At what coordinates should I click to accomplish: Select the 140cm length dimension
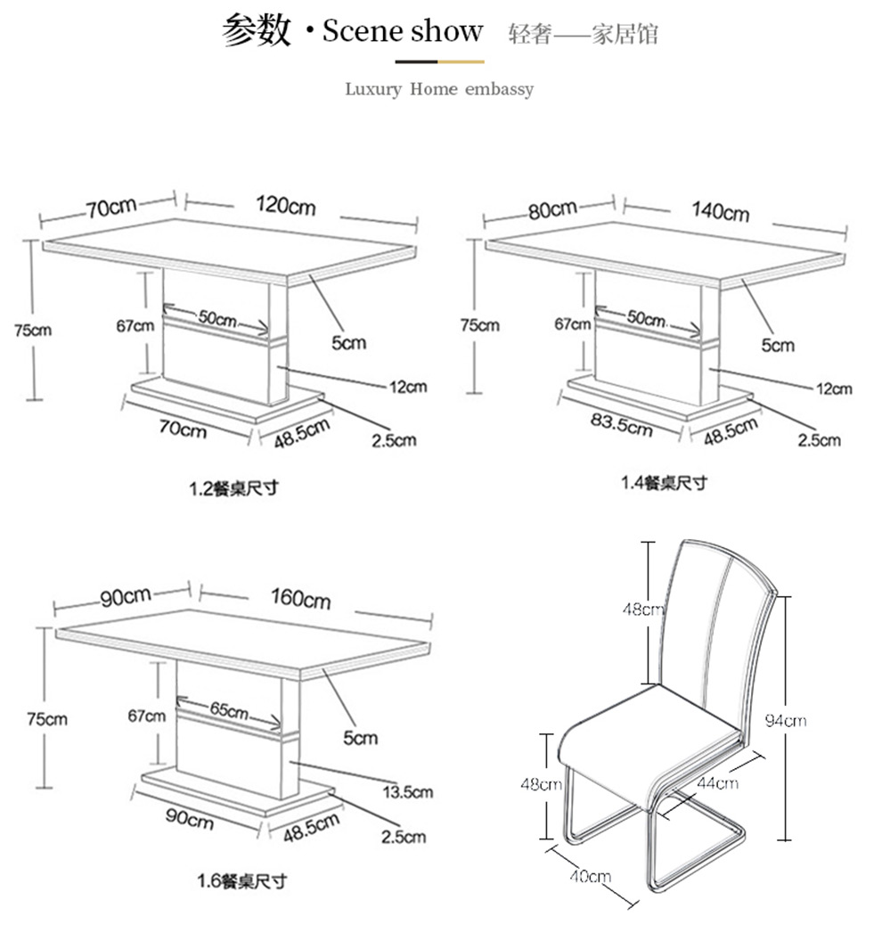(x=720, y=211)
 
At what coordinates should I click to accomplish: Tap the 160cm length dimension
(x=300, y=598)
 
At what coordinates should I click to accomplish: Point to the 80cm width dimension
(x=552, y=210)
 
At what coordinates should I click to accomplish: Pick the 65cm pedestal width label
(x=229, y=710)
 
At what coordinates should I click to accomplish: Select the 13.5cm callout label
(x=407, y=792)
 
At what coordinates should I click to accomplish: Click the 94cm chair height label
(x=786, y=720)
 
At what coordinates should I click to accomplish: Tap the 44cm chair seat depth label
(x=717, y=782)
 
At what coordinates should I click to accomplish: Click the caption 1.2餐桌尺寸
(x=234, y=488)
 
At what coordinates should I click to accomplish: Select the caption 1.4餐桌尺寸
(x=665, y=482)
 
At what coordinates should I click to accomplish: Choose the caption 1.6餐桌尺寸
(x=242, y=881)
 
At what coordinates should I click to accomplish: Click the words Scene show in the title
(x=403, y=30)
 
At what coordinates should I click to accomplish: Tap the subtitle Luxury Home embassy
(x=439, y=89)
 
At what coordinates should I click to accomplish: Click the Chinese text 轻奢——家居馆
(x=584, y=34)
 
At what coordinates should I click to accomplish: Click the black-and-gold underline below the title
(x=440, y=61)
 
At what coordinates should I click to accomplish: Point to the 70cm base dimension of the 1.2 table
(x=183, y=429)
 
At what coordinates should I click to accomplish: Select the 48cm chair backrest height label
(x=643, y=610)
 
